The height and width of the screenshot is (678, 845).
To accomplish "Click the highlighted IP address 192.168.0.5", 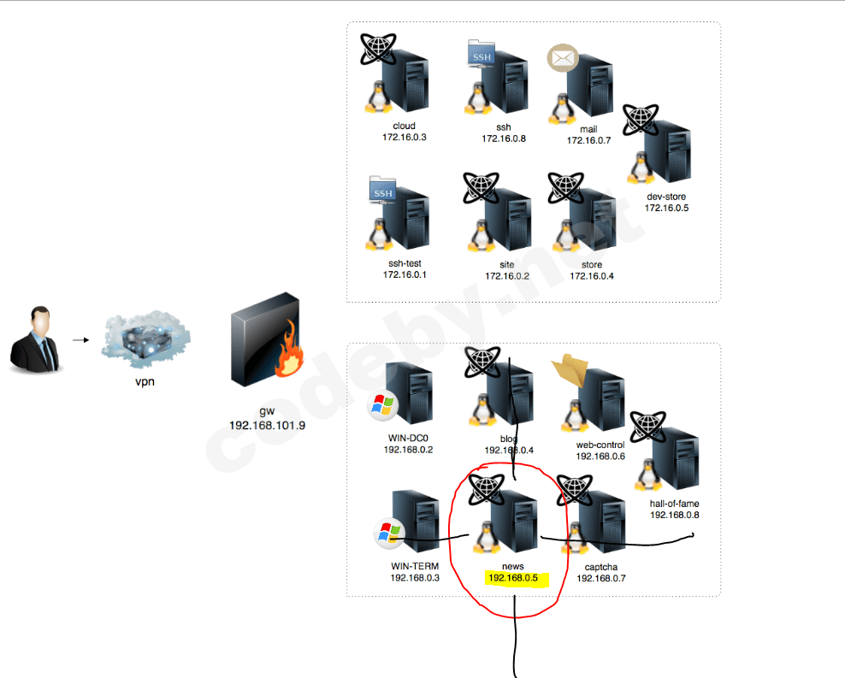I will click(513, 578).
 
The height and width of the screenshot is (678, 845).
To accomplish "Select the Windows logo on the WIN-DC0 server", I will click(381, 406).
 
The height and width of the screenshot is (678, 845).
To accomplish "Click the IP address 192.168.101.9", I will click(267, 425).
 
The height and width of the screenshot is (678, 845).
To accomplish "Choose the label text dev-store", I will click(666, 197).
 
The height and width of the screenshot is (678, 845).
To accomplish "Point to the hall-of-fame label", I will click(674, 504).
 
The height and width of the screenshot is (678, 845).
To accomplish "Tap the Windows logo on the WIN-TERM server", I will click(389, 534).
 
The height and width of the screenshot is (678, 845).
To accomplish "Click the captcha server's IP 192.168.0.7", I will click(601, 578).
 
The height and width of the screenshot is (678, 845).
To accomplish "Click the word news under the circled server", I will click(513, 567).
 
